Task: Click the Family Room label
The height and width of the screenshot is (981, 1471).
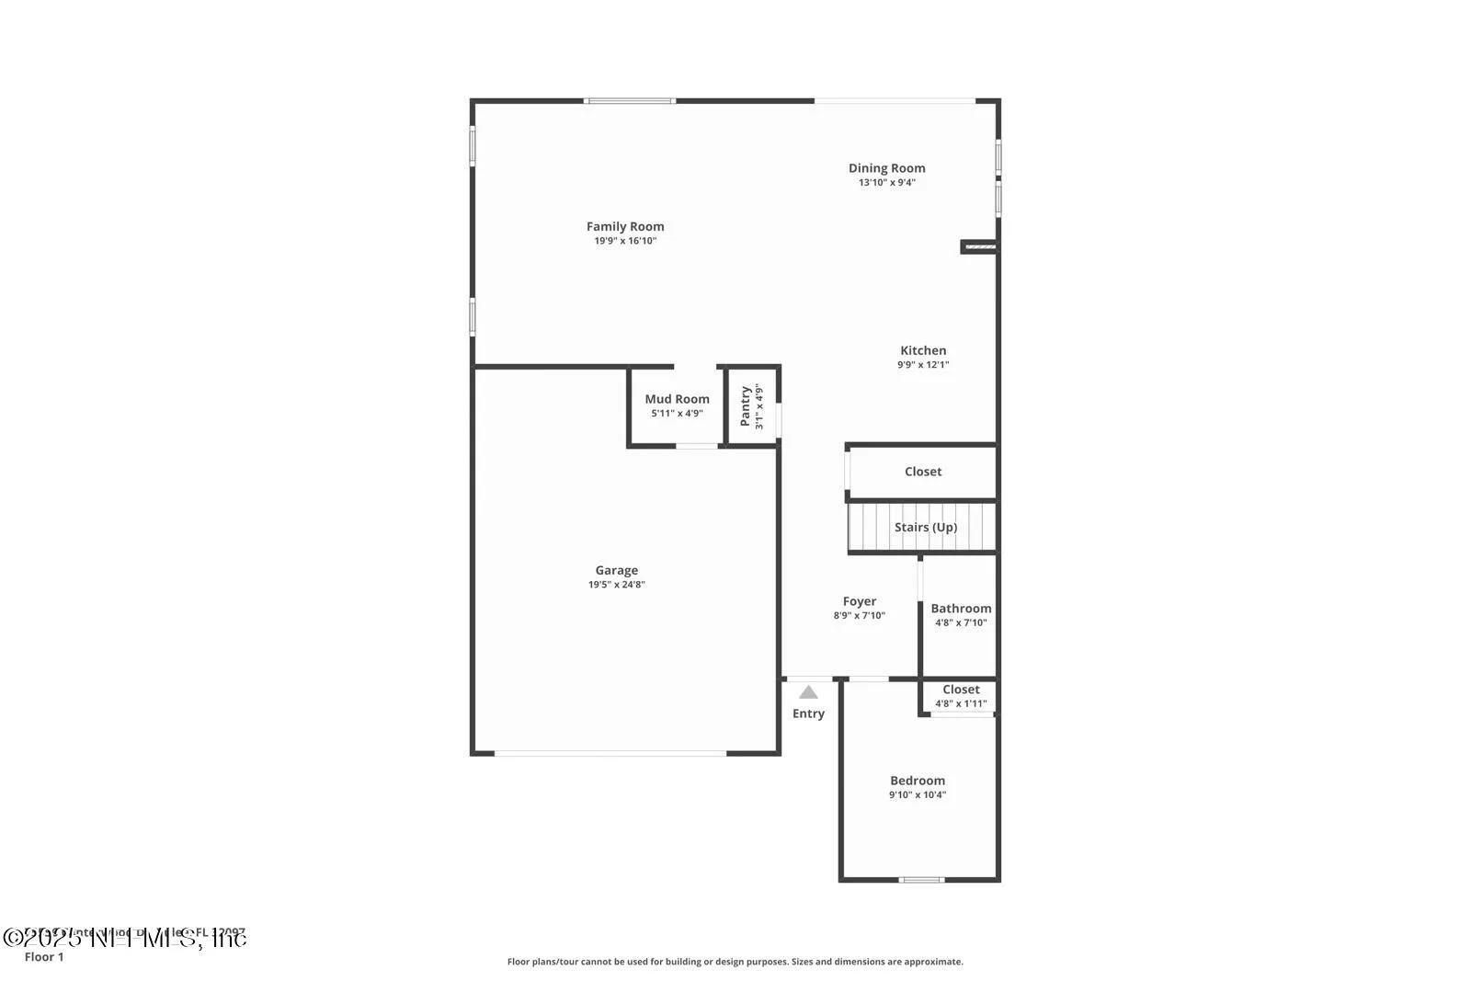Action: (x=625, y=226)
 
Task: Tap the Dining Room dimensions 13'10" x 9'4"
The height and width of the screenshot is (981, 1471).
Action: (x=886, y=183)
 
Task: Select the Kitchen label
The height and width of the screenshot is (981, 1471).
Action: (x=923, y=350)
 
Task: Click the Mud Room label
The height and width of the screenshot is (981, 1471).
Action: (x=677, y=399)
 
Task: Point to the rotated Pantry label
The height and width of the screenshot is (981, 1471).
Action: (x=746, y=405)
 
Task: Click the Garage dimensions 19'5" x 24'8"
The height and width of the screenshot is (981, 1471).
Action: (x=617, y=585)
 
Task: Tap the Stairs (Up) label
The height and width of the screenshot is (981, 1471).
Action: (x=925, y=527)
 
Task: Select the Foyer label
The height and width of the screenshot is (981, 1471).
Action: (x=859, y=601)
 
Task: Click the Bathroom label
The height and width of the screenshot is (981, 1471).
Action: (x=961, y=608)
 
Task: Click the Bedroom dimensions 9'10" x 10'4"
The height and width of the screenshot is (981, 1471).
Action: (x=917, y=795)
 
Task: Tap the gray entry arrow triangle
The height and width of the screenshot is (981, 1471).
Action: (x=808, y=692)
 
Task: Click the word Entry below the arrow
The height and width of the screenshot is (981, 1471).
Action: (x=808, y=713)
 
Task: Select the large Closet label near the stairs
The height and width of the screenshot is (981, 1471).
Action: (x=923, y=472)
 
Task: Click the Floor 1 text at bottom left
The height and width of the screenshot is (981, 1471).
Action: (x=44, y=957)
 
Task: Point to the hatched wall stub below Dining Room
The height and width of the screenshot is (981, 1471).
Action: (x=979, y=246)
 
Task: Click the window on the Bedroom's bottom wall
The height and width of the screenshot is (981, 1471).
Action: (x=921, y=880)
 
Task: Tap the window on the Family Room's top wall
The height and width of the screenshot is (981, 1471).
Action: (x=630, y=100)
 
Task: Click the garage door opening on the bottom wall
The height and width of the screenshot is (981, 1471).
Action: (x=610, y=754)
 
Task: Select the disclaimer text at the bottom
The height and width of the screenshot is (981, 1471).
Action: (x=735, y=962)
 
